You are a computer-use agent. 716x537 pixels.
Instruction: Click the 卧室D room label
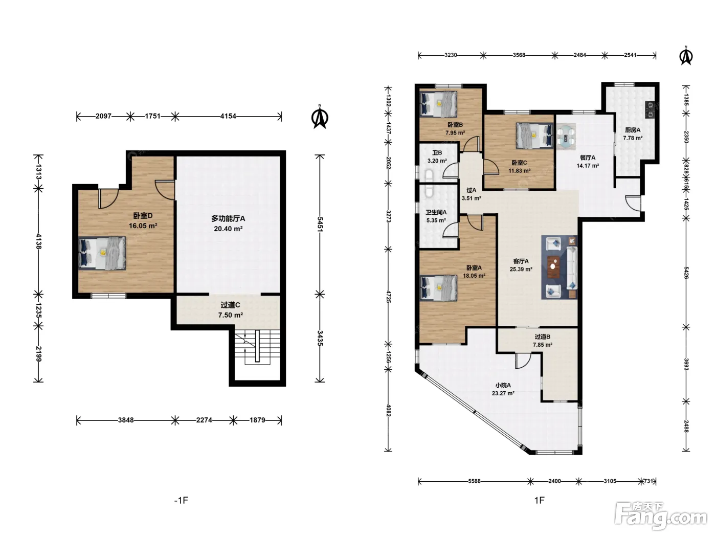(143, 216)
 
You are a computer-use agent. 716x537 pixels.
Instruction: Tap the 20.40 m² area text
(228, 229)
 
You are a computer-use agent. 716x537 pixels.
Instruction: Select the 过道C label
(230, 305)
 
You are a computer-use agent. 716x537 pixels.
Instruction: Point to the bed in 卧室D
(102, 253)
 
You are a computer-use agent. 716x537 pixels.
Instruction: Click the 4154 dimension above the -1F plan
(228, 116)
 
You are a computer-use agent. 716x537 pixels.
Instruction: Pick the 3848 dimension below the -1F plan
(126, 420)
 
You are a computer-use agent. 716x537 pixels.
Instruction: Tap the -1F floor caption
(182, 500)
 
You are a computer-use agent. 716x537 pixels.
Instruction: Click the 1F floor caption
(539, 500)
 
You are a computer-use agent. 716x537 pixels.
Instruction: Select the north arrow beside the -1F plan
(320, 117)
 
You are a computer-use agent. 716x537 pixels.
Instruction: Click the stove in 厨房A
(650, 109)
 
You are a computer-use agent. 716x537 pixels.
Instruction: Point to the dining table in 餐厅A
(566, 136)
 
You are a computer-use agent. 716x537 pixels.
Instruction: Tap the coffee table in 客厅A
(553, 266)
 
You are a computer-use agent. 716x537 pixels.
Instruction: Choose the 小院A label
(503, 386)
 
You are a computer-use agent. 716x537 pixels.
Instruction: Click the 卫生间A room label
(436, 213)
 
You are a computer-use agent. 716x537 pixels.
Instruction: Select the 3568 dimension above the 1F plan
(519, 55)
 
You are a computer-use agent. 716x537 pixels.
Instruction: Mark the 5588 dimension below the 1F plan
(474, 481)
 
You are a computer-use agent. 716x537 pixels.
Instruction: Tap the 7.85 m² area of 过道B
(543, 345)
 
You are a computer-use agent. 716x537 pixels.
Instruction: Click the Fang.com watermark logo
(661, 516)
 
